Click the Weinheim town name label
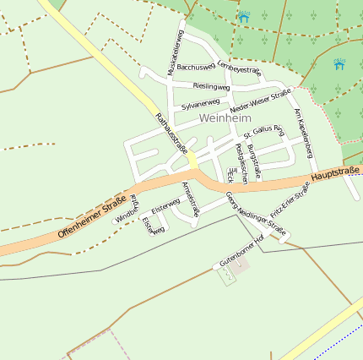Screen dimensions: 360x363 click(226, 118)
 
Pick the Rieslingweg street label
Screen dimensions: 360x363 click(211, 86)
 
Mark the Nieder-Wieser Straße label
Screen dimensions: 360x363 click(260, 101)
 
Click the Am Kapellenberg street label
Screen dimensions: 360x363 click(304, 132)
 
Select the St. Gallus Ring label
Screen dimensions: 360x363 click(263, 131)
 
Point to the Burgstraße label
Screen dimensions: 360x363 click(254, 159)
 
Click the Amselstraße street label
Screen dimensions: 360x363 click(190, 199)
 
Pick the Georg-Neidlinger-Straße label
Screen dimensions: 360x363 click(256, 213)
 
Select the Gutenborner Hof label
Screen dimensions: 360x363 click(242, 251)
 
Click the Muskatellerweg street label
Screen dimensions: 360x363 click(178, 53)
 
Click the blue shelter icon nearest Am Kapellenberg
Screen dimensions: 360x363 click(339, 64)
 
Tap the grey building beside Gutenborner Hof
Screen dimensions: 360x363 click(241, 268)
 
